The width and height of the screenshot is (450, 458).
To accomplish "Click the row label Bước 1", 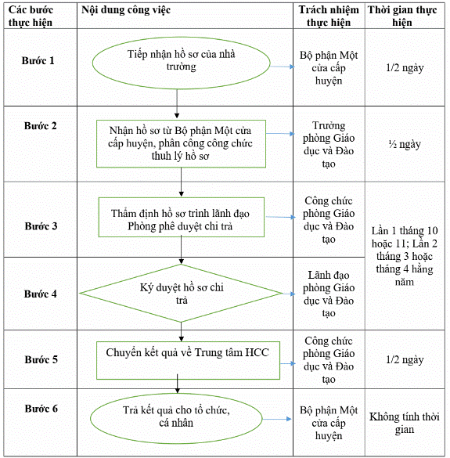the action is (x=38, y=61).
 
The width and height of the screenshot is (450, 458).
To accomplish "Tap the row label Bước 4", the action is (x=40, y=294).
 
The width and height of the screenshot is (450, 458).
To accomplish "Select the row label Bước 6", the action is (x=41, y=409).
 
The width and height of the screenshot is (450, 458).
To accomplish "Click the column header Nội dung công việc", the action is (x=126, y=10).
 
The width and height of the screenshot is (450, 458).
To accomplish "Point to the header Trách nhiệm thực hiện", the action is (x=329, y=16).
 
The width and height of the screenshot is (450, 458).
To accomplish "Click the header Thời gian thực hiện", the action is (x=402, y=16).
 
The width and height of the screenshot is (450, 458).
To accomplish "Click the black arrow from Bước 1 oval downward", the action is (x=177, y=103).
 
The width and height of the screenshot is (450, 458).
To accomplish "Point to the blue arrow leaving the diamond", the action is (x=289, y=294).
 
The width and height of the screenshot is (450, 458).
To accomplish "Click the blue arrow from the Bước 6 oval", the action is (x=277, y=419).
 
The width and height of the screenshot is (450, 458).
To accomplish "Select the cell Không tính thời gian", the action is (x=405, y=423).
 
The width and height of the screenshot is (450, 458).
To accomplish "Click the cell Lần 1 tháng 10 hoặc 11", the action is (x=405, y=256).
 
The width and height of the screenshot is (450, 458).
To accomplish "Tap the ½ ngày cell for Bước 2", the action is (x=405, y=144).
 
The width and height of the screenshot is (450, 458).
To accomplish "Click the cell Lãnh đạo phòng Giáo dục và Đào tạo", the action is (x=329, y=294).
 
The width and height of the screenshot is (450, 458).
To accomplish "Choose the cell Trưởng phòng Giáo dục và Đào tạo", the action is (x=329, y=144).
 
